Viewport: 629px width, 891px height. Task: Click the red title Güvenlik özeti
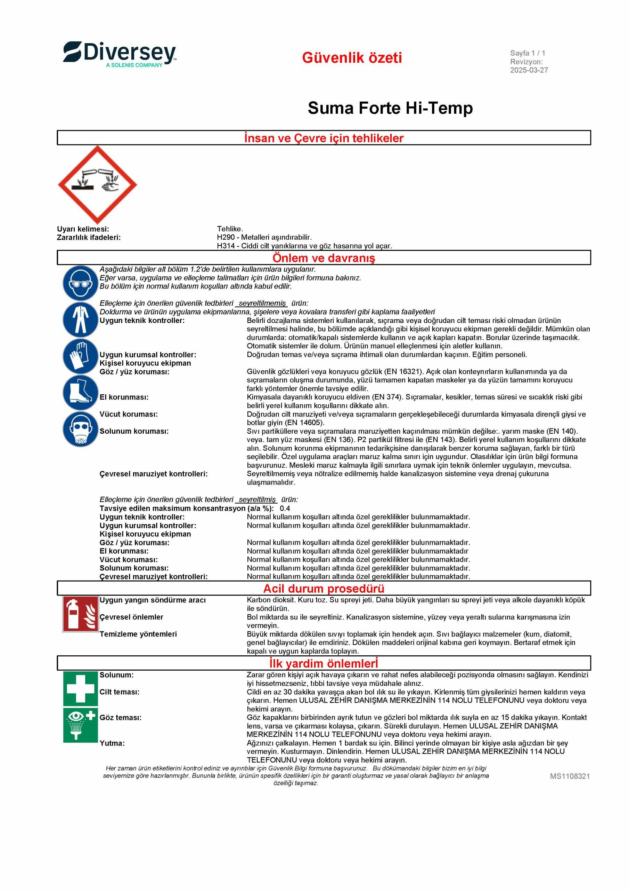[x=352, y=58]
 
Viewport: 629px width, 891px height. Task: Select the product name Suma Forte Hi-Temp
[x=390, y=108]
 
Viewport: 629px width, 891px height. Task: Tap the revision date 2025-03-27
[x=529, y=70]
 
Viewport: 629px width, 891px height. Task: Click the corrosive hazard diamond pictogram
[x=98, y=185]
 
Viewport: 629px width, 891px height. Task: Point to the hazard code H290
[x=225, y=237]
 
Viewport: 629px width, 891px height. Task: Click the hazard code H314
[x=225, y=246]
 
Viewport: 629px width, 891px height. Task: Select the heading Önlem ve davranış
[x=324, y=258]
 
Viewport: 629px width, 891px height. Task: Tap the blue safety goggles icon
[x=80, y=283]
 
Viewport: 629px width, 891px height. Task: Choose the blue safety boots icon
[x=80, y=393]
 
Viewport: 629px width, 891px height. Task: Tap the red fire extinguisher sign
[x=80, y=614]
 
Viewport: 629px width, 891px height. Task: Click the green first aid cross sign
[x=80, y=688]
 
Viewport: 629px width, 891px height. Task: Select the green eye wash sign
[x=80, y=725]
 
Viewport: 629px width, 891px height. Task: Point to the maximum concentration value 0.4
[x=285, y=508]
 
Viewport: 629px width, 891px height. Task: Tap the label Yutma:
[x=112, y=743]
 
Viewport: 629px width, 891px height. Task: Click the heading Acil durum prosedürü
[x=324, y=589]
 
